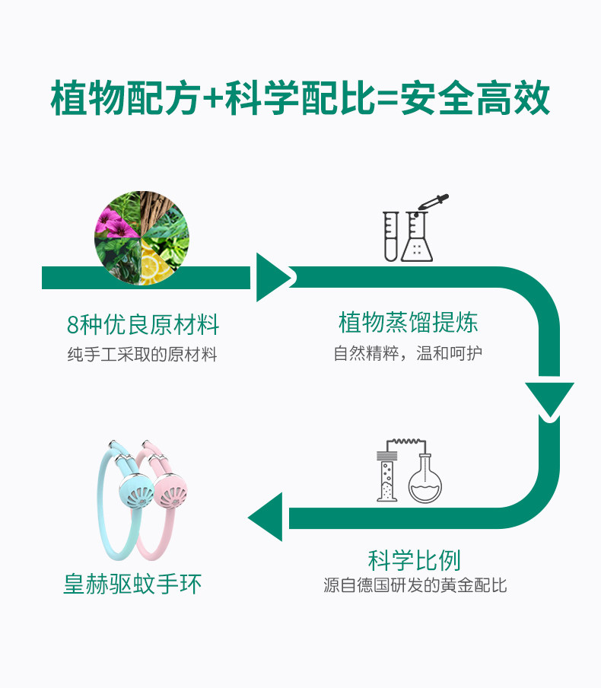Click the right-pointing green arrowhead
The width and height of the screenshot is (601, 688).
272,277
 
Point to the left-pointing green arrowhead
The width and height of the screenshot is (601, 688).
266,518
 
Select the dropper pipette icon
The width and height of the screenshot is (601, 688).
431,207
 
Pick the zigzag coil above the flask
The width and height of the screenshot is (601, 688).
407,444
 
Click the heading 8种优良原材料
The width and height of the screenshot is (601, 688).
143,326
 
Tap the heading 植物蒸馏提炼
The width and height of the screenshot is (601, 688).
409,323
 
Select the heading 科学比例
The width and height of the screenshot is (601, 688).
414,560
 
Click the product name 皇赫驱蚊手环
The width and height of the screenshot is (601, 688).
132,584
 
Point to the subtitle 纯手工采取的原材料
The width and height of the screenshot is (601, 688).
142,354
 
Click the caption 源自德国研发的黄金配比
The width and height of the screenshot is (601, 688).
415,586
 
